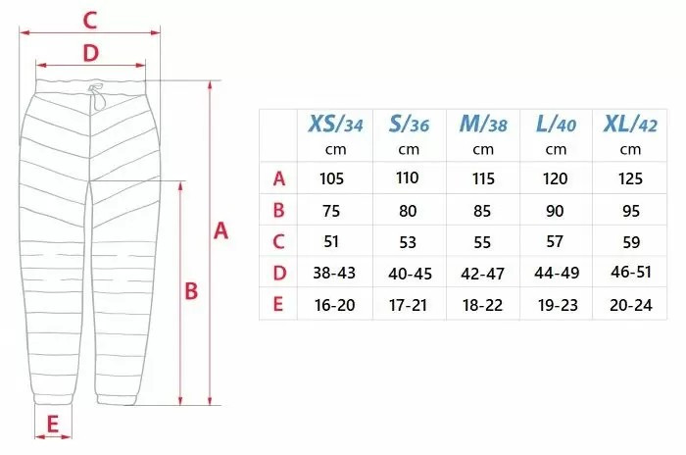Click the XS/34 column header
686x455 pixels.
335,124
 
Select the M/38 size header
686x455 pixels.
483,124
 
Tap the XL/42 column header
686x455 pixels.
630,124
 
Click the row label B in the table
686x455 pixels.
278,210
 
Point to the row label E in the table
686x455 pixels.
278,304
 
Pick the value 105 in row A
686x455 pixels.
331,178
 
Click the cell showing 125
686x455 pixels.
630,178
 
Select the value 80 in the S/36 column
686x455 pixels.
408,211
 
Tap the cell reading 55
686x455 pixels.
482,242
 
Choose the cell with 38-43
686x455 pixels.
334,273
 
